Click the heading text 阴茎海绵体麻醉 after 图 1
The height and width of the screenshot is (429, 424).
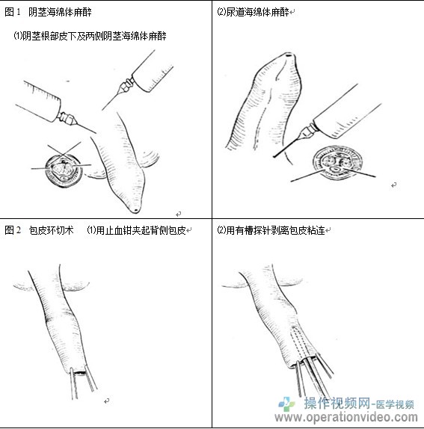(60, 12)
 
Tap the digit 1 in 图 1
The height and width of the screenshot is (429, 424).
(19, 12)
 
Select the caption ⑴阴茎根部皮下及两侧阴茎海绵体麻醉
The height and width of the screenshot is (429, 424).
(90, 36)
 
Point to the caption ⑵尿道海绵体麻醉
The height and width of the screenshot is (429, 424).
(254, 12)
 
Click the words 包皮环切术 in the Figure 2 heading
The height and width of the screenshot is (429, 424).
(51, 230)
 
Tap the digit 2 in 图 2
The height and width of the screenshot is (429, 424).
(19, 230)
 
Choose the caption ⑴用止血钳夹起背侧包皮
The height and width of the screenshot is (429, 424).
(136, 230)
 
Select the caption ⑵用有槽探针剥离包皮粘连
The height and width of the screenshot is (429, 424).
(271, 230)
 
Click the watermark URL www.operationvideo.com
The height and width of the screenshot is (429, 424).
(346, 418)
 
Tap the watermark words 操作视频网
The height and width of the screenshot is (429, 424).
(337, 404)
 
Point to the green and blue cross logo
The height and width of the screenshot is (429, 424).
(286, 404)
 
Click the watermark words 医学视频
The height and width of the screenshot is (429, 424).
(395, 404)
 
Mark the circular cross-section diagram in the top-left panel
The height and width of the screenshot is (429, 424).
(64, 171)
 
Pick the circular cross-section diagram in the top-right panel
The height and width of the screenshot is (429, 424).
(338, 163)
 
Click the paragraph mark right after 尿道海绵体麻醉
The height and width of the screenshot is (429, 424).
(292, 12)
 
